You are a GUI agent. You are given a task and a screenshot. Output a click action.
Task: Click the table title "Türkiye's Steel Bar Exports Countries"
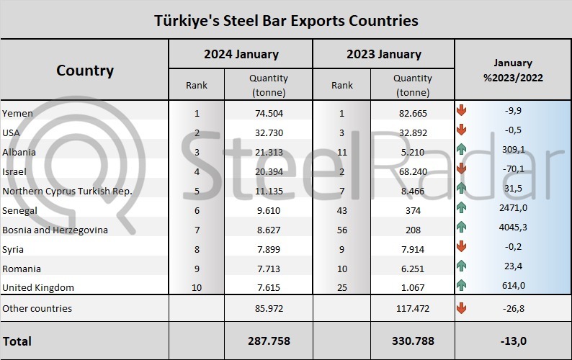[286, 20]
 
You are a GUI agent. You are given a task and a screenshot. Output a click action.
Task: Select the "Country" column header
[84, 71]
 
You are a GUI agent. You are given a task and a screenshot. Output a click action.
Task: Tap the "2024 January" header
[241, 54]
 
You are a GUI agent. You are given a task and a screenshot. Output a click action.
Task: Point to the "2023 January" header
[383, 54]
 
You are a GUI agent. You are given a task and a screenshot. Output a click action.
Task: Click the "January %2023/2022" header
[514, 71]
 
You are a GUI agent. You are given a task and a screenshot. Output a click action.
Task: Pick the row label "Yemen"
[17, 113]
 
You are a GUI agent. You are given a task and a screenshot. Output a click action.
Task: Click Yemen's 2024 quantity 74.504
[268, 113]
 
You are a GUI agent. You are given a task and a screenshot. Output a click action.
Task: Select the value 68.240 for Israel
[414, 171]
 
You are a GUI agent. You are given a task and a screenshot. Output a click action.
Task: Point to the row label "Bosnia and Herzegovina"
[55, 230]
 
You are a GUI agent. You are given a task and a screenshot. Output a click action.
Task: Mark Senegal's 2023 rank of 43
[341, 210]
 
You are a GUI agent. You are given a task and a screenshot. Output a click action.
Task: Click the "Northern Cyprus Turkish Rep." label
[66, 191]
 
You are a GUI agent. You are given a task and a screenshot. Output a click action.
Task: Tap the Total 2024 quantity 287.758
[268, 341]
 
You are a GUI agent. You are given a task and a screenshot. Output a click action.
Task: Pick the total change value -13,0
[514, 341]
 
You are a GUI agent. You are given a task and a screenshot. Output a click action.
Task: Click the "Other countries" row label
[37, 308]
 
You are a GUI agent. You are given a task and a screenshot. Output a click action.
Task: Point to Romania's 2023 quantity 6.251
[414, 269]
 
